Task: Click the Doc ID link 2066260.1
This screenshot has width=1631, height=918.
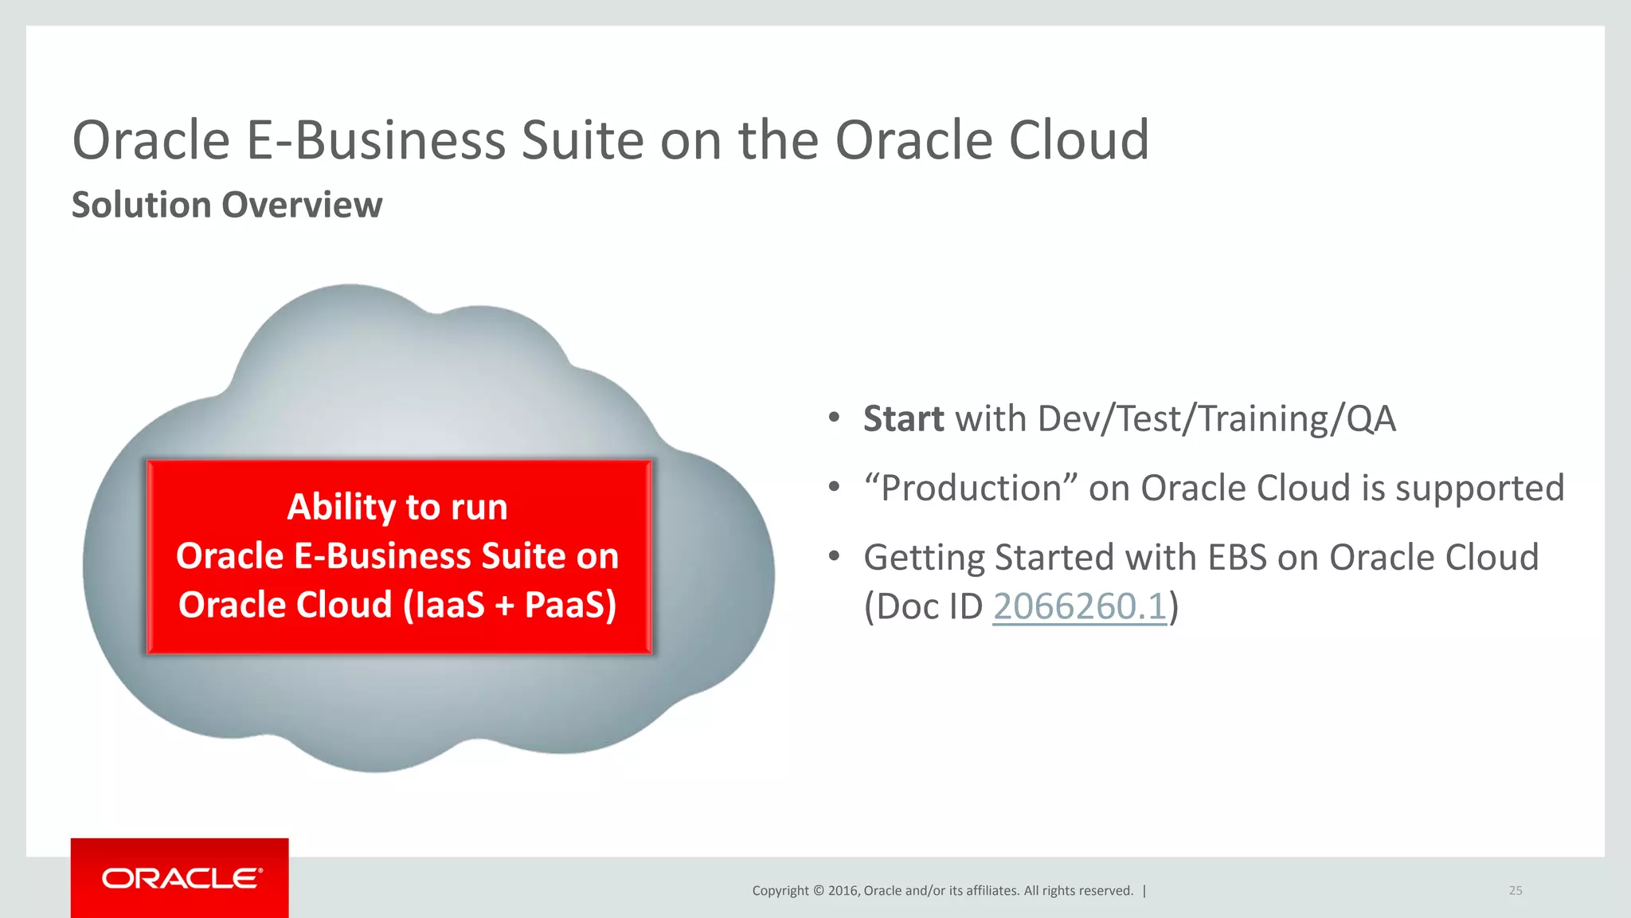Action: [1079, 607]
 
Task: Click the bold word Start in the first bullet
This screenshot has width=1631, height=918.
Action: [903, 419]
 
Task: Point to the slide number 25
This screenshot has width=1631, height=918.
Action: [1515, 891]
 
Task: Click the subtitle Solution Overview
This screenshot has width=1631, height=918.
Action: [227, 205]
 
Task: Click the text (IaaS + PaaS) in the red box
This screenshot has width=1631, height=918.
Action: [510, 605]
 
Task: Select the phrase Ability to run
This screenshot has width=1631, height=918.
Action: [397, 507]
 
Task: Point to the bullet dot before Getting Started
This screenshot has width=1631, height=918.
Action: [834, 555]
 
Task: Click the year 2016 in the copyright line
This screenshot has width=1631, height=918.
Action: [843, 891]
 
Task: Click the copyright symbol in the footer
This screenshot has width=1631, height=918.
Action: [818, 891]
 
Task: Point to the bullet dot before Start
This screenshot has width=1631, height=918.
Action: [834, 417]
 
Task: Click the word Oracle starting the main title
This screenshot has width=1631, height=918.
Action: [151, 141]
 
